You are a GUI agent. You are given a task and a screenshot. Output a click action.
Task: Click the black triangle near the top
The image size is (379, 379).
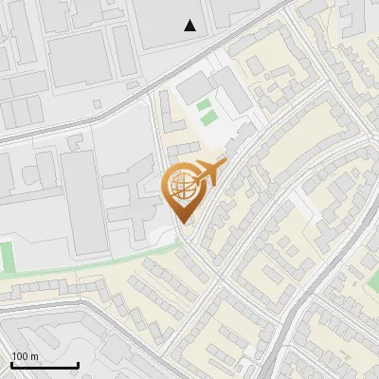(190, 26)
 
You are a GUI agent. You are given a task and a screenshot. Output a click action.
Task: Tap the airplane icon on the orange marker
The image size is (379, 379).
(209, 173)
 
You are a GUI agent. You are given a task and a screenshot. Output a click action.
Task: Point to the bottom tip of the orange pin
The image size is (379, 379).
(183, 223)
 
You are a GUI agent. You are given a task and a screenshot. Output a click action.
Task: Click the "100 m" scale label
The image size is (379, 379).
(25, 356)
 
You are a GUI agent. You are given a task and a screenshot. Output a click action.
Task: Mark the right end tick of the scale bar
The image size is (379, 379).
(78, 365)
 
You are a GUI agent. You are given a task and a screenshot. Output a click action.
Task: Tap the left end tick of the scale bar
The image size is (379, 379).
(10, 365)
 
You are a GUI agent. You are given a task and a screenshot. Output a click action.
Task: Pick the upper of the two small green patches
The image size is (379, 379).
(205, 105)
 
